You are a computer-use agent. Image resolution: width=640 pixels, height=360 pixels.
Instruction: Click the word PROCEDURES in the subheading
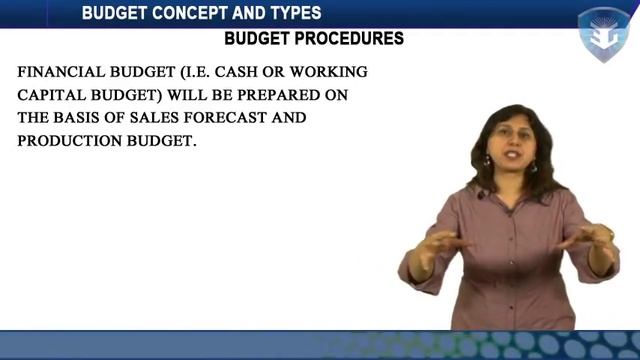click(x=355, y=39)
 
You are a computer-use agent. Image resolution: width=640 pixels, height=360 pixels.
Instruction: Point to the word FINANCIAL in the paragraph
click(x=62, y=73)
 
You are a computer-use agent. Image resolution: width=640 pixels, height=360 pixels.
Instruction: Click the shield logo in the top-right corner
click(x=604, y=34)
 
